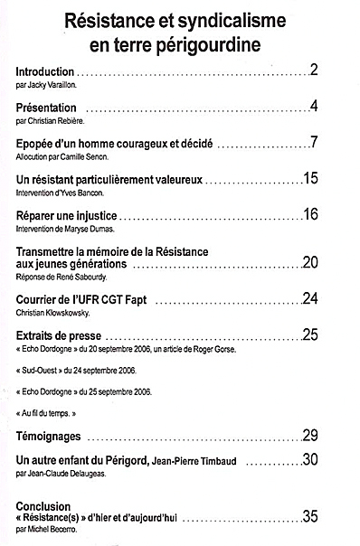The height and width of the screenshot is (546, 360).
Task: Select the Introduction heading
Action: pyautogui.click(x=44, y=71)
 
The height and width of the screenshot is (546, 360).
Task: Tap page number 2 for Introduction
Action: pyautogui.click(x=313, y=70)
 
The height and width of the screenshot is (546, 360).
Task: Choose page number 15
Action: pyautogui.click(x=310, y=179)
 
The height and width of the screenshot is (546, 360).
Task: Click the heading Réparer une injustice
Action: pyautogui.click(x=68, y=215)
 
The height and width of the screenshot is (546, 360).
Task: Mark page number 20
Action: pyautogui.click(x=310, y=262)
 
